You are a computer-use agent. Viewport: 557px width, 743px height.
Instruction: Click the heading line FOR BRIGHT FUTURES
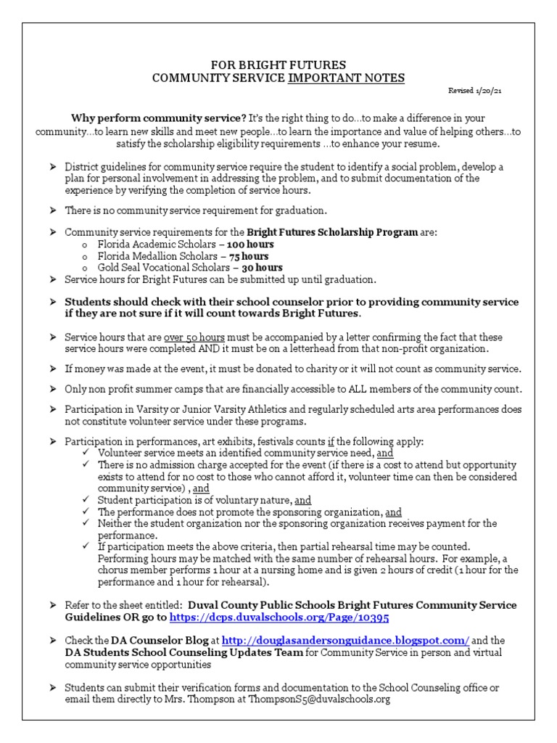click(x=278, y=65)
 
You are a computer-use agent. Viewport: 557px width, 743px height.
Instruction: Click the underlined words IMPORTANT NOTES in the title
click(x=347, y=78)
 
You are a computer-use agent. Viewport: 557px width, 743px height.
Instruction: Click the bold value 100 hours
click(x=250, y=245)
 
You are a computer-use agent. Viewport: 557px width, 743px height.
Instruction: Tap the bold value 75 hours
click(x=249, y=256)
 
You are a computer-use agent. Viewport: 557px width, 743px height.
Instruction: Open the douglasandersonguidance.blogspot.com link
click(x=345, y=641)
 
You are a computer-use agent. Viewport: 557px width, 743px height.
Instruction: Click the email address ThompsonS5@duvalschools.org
click(x=329, y=699)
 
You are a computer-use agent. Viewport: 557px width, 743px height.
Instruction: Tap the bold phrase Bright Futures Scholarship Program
click(x=333, y=233)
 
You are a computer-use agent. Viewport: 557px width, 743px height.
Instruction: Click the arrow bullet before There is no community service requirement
click(x=53, y=210)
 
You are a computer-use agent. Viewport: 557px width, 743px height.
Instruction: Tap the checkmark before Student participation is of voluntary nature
click(x=87, y=500)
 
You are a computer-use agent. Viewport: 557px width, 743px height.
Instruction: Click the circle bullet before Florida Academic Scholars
click(x=86, y=245)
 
